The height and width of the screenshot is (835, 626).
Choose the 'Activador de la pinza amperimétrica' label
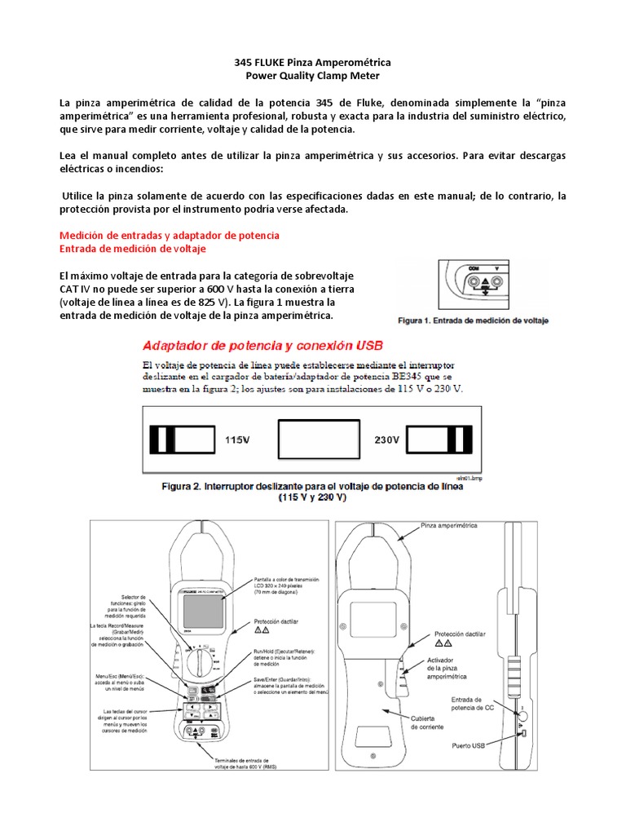(447, 670)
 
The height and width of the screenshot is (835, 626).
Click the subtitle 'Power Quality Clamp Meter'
(313, 76)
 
